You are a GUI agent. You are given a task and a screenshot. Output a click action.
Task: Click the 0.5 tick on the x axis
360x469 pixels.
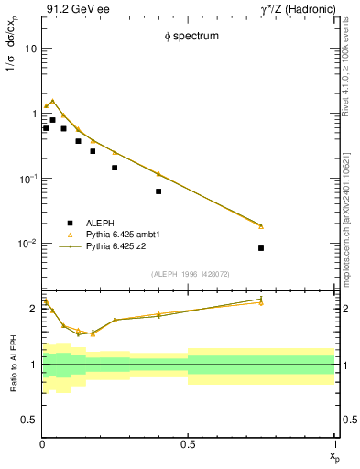(188, 444)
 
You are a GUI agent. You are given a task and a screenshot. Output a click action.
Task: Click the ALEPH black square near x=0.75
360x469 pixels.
(261, 248)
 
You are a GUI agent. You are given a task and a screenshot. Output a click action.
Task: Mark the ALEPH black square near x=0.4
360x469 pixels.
(158, 191)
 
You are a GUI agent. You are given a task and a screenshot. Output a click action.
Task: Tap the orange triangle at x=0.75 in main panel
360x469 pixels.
(261, 225)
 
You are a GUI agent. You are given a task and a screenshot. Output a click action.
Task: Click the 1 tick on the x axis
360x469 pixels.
(333, 444)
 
